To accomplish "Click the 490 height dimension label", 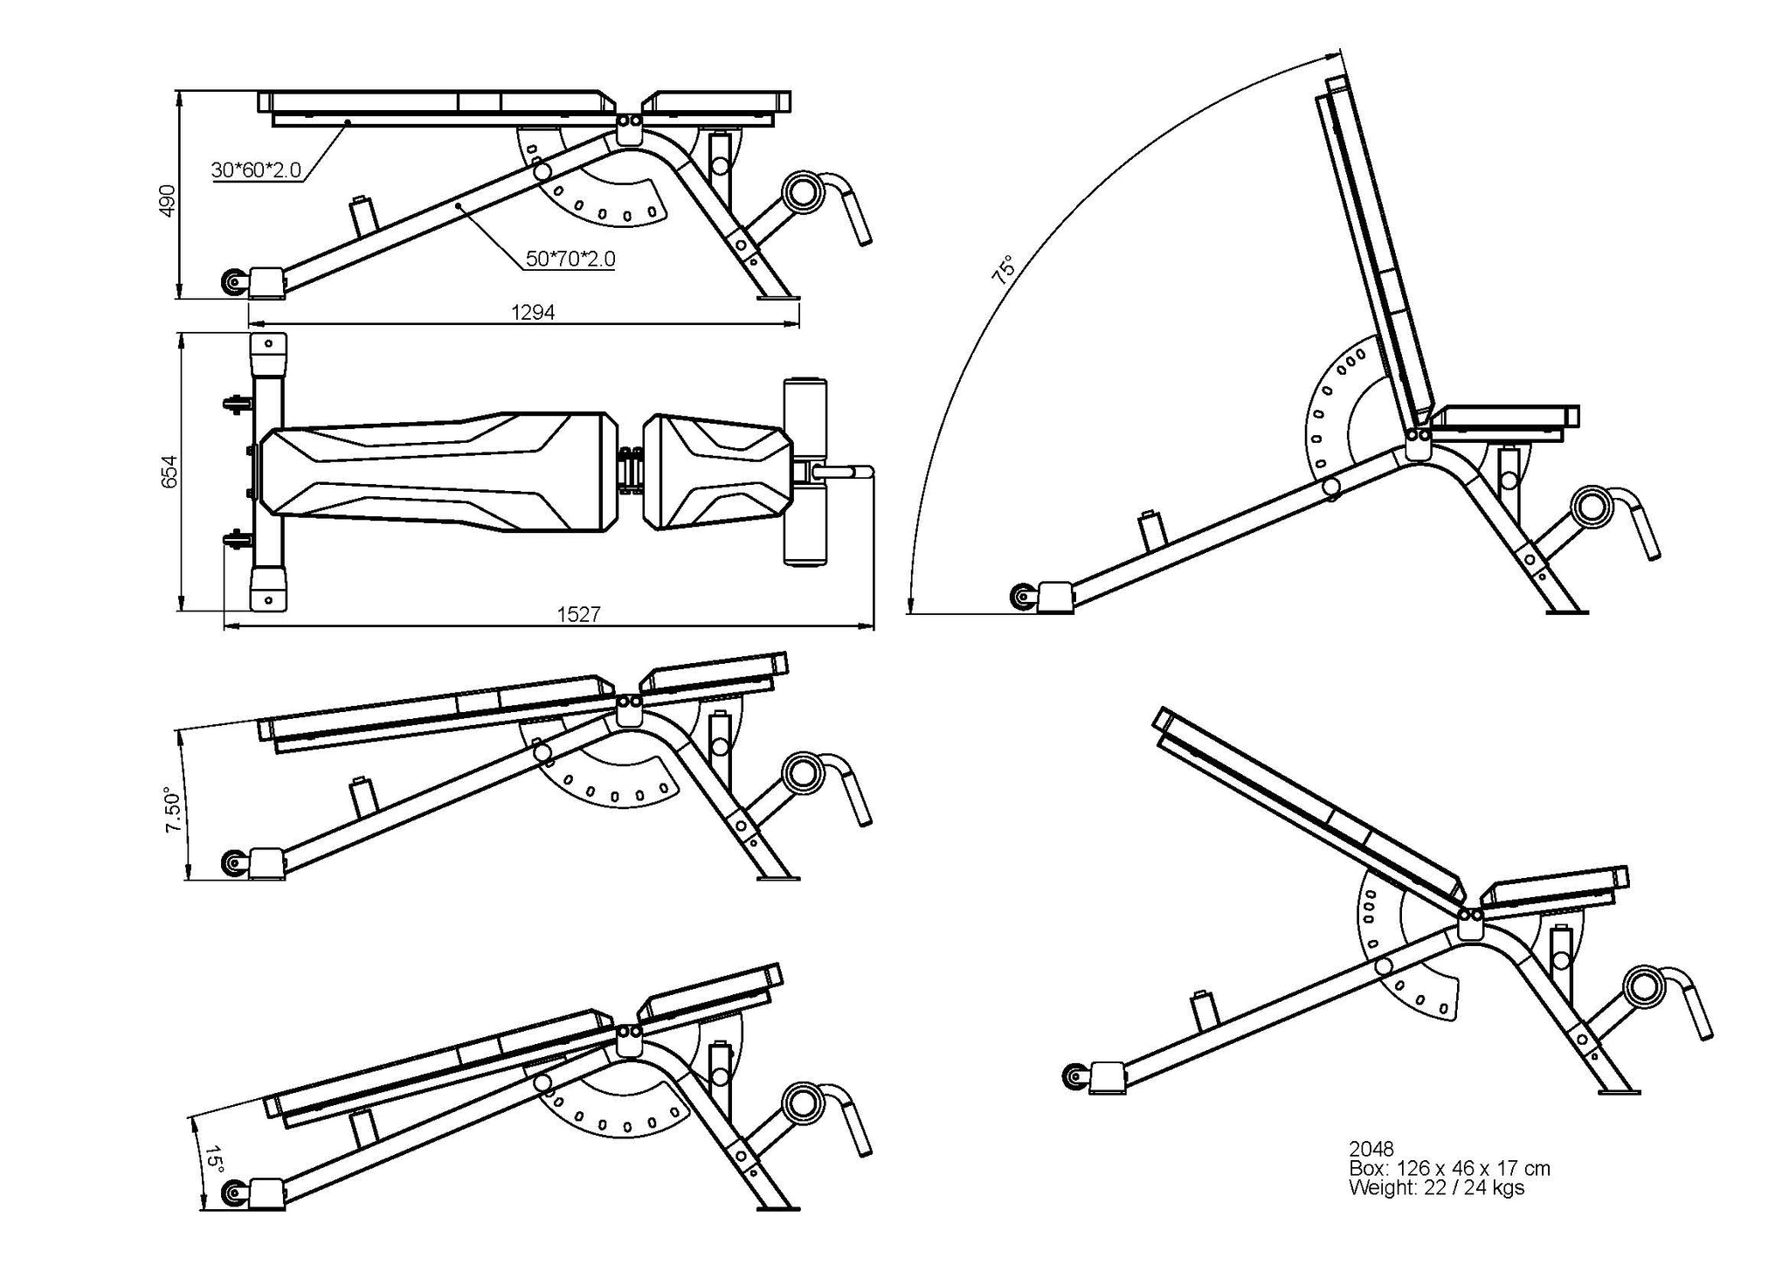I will tap(168, 200).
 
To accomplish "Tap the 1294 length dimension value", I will tap(533, 313).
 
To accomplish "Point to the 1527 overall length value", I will tap(578, 615).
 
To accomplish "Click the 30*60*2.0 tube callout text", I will tap(256, 169).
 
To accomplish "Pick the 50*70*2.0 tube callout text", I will tap(570, 259).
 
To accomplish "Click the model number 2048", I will tap(1371, 1149).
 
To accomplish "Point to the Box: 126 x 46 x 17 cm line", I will tap(1449, 1168).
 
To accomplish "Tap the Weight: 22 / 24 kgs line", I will tap(1436, 1188).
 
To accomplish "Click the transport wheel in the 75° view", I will tap(1021, 598).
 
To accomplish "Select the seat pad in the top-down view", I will tap(717, 473).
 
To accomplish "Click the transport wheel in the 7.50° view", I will tap(233, 864).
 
